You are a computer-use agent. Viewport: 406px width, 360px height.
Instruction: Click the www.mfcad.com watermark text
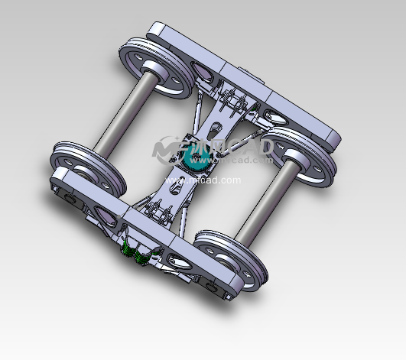tap(213, 180)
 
